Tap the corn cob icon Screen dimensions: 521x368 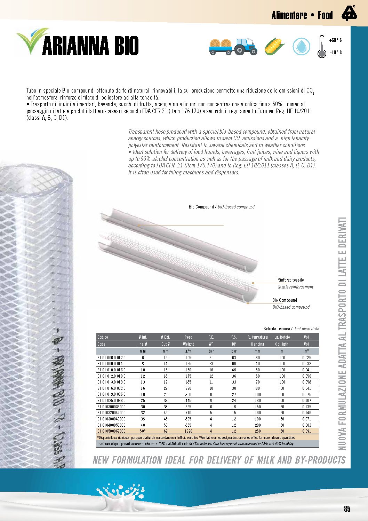[274, 46]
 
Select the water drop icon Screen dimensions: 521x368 [301, 46]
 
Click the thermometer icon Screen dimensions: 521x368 [322, 47]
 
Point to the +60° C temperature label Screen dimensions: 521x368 [335, 40]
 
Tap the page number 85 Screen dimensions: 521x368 [347, 509]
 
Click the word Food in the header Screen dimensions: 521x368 [325, 15]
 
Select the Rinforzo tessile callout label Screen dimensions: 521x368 [290, 280]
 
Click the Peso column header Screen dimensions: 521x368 [188, 337]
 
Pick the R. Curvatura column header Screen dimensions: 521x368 [257, 337]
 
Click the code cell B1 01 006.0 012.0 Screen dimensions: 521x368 [111, 358]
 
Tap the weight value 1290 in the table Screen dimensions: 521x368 [188, 431]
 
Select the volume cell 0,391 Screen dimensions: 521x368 [306, 431]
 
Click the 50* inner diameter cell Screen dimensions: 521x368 [143, 431]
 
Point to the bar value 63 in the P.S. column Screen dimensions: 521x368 [234, 358]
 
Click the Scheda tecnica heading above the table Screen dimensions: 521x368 [277, 329]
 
